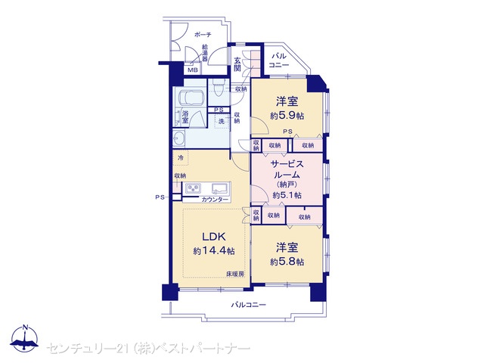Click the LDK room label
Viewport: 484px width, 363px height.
click(x=214, y=237)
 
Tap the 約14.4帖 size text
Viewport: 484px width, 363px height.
click(x=213, y=250)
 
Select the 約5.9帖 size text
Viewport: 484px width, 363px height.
click(x=287, y=116)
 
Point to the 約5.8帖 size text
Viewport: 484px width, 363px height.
click(x=287, y=262)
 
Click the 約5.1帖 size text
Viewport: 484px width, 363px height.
click(x=287, y=195)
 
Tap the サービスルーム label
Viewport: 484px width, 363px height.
click(x=287, y=169)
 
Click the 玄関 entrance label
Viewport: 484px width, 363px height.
click(x=237, y=64)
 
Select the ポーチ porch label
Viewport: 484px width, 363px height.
click(x=203, y=35)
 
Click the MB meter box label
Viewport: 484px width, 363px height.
click(x=193, y=70)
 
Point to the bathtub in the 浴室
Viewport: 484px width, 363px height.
click(x=190, y=98)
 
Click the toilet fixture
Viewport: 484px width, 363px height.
click(x=219, y=87)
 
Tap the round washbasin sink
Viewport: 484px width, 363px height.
click(x=178, y=138)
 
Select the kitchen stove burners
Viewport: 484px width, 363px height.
click(x=194, y=188)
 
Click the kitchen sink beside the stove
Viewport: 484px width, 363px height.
click(x=220, y=188)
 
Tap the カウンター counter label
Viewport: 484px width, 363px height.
click(x=215, y=200)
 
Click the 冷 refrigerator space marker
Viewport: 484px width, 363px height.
click(x=181, y=158)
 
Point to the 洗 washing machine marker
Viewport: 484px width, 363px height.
click(x=222, y=121)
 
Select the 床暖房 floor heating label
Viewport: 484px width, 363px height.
click(x=235, y=274)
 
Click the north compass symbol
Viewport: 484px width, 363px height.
click(x=24, y=339)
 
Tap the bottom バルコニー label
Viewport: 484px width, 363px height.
click(x=249, y=305)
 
